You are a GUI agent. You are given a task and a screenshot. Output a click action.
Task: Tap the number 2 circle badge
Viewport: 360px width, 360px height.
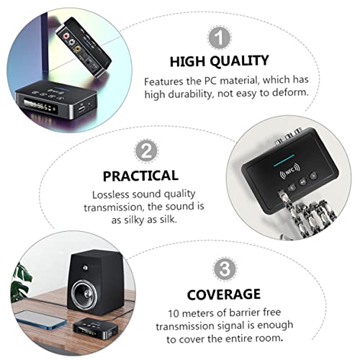click(x=147, y=150)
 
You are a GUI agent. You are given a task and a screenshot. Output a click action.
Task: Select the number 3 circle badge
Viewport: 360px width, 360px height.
click(x=224, y=269)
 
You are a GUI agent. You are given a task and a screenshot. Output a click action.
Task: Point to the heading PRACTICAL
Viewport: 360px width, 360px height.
click(x=140, y=175)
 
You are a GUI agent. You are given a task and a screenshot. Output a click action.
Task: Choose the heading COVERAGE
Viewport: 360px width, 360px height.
click(x=224, y=294)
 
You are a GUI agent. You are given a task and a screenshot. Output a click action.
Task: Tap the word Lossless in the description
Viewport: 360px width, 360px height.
click(x=111, y=194)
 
